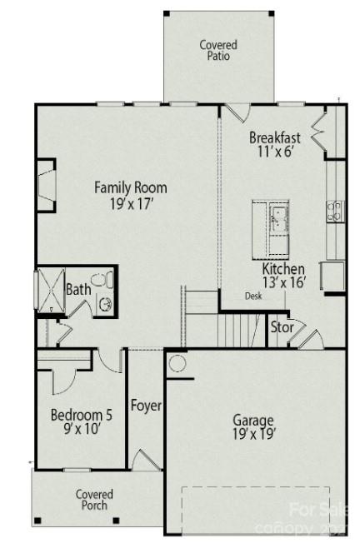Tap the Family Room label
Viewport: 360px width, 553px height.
click(130, 187)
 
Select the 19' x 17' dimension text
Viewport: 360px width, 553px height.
click(130, 202)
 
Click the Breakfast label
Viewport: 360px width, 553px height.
click(274, 138)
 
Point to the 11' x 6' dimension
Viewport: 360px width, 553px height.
click(274, 152)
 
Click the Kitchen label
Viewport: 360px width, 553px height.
click(282, 269)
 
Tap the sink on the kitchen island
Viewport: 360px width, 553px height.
click(277, 218)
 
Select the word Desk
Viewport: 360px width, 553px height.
click(252, 296)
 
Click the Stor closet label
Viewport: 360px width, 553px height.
click(282, 327)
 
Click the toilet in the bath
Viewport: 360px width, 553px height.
click(103, 300)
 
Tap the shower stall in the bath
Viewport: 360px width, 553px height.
click(48, 290)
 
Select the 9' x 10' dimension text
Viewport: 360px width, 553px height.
click(80, 430)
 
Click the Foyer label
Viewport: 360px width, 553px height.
click(146, 406)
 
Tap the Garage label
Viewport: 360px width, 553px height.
click(253, 420)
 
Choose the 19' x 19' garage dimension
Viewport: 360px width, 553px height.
click(253, 434)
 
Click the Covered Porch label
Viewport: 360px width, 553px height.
click(94, 500)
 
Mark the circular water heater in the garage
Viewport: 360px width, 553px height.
click(177, 363)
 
